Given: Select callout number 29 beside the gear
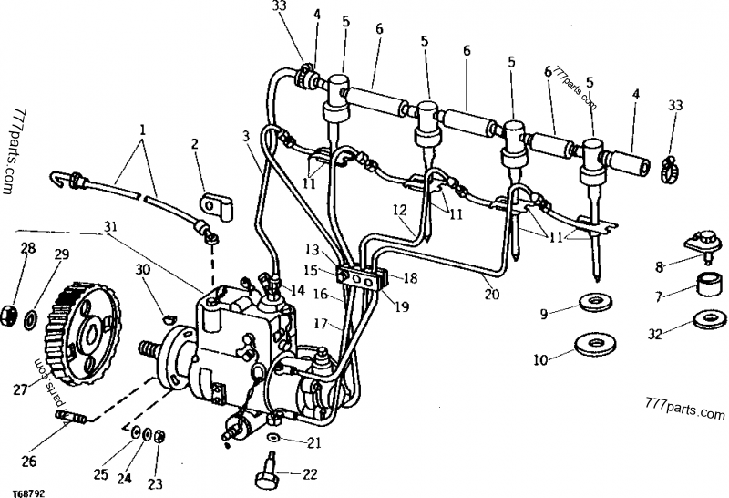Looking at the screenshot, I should [62, 254].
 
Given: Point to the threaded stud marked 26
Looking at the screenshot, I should [69, 419].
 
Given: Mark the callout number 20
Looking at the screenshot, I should [492, 296].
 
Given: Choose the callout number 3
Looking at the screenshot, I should [246, 137].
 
